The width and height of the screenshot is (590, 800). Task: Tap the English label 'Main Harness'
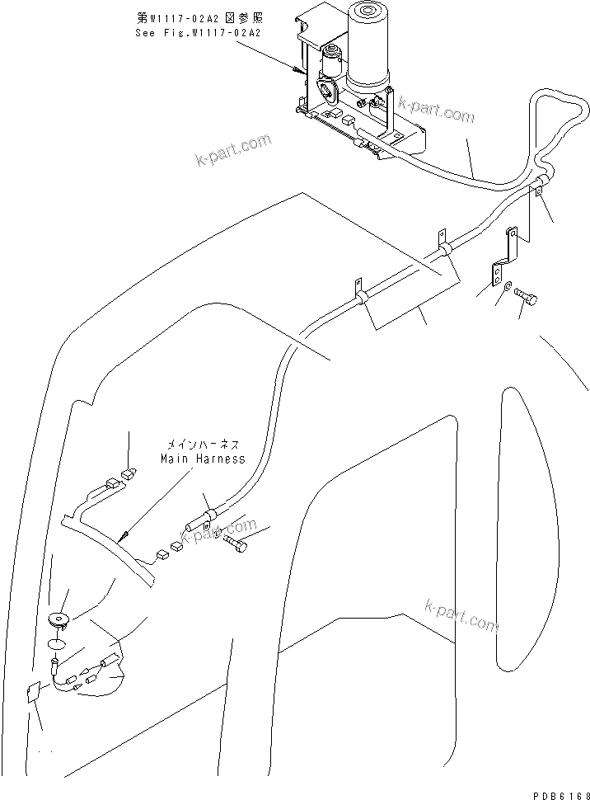point(202,459)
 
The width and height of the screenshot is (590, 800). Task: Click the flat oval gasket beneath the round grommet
point(56,645)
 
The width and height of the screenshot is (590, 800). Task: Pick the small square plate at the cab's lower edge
point(33,694)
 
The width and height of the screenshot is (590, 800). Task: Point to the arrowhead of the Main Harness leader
point(120,539)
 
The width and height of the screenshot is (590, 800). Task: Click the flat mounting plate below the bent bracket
point(499,270)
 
